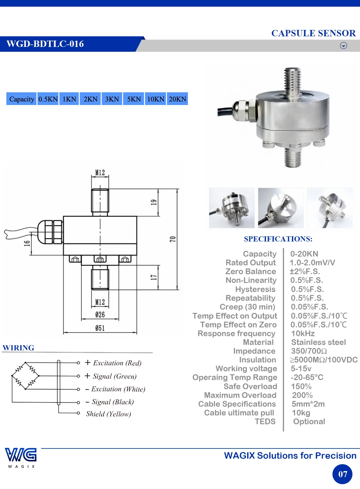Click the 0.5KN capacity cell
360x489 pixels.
pyautogui.click(x=48, y=99)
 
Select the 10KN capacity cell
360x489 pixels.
pyautogui.click(x=155, y=99)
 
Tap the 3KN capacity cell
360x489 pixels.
pyautogui.click(x=112, y=99)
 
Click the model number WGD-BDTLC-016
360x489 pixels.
pyautogui.click(x=45, y=44)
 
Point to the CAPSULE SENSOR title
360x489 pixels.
pyautogui.click(x=313, y=33)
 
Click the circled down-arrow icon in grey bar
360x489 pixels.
pyautogui.click(x=343, y=45)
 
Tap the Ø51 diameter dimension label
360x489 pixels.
pyautogui.click(x=100, y=328)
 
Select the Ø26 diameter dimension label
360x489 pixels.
pyautogui.click(x=100, y=314)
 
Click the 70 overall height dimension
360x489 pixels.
pyautogui.click(x=172, y=239)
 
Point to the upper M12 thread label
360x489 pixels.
pyautogui.click(x=100, y=172)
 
